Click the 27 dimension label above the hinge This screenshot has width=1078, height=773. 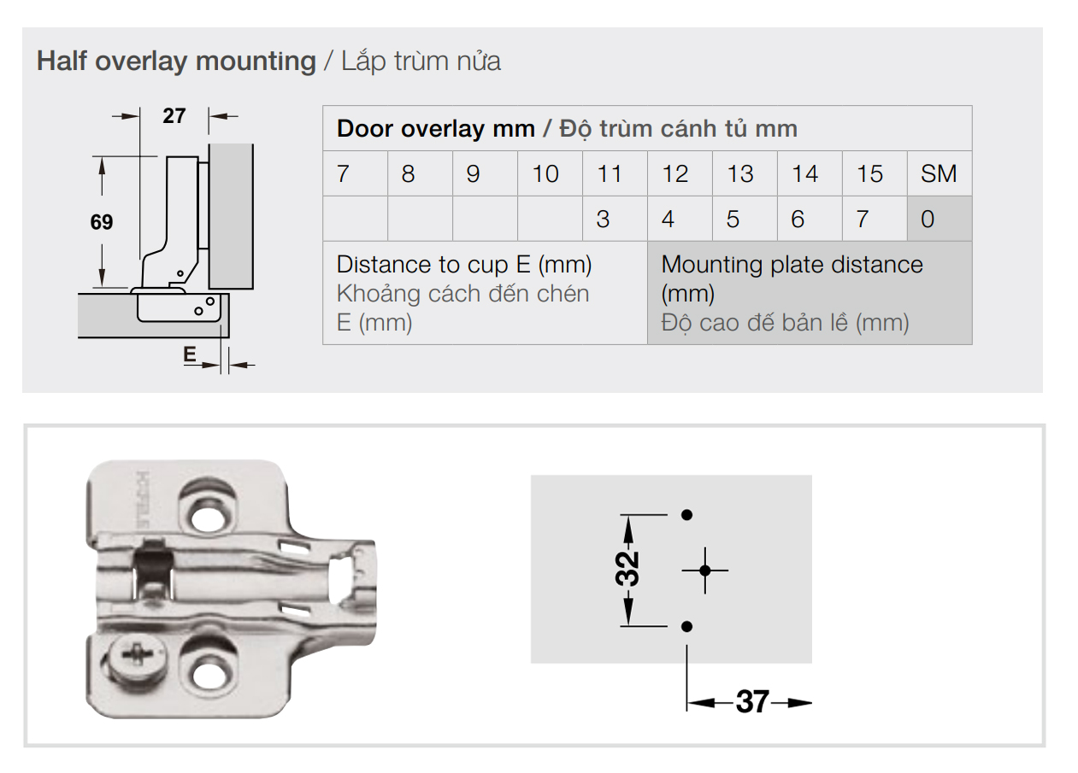coord(174,116)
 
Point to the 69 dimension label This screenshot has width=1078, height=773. coord(102,222)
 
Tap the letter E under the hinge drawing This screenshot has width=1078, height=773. coord(190,354)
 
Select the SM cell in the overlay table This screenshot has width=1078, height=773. coord(939,173)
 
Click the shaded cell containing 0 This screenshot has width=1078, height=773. coord(939,219)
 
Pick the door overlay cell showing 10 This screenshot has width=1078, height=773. coord(550,173)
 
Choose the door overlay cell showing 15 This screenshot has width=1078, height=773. coord(875,173)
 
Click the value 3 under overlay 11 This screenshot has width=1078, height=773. coord(603,220)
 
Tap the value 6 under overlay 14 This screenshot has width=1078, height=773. coord(798,220)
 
